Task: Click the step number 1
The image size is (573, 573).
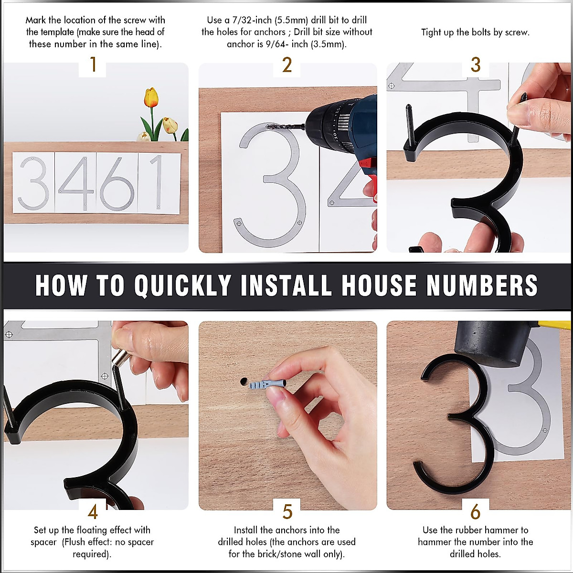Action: [x=93, y=65]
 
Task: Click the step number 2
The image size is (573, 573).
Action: [x=287, y=65]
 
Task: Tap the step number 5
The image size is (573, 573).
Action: [x=287, y=512]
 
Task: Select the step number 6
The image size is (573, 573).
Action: [x=475, y=512]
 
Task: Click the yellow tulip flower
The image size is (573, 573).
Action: [x=151, y=97]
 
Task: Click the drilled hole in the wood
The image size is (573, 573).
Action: [x=244, y=382]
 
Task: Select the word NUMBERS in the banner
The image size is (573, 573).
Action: [x=482, y=286]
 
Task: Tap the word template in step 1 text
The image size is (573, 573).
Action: [x=50, y=32]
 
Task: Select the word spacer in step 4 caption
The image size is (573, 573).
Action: [x=43, y=542]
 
